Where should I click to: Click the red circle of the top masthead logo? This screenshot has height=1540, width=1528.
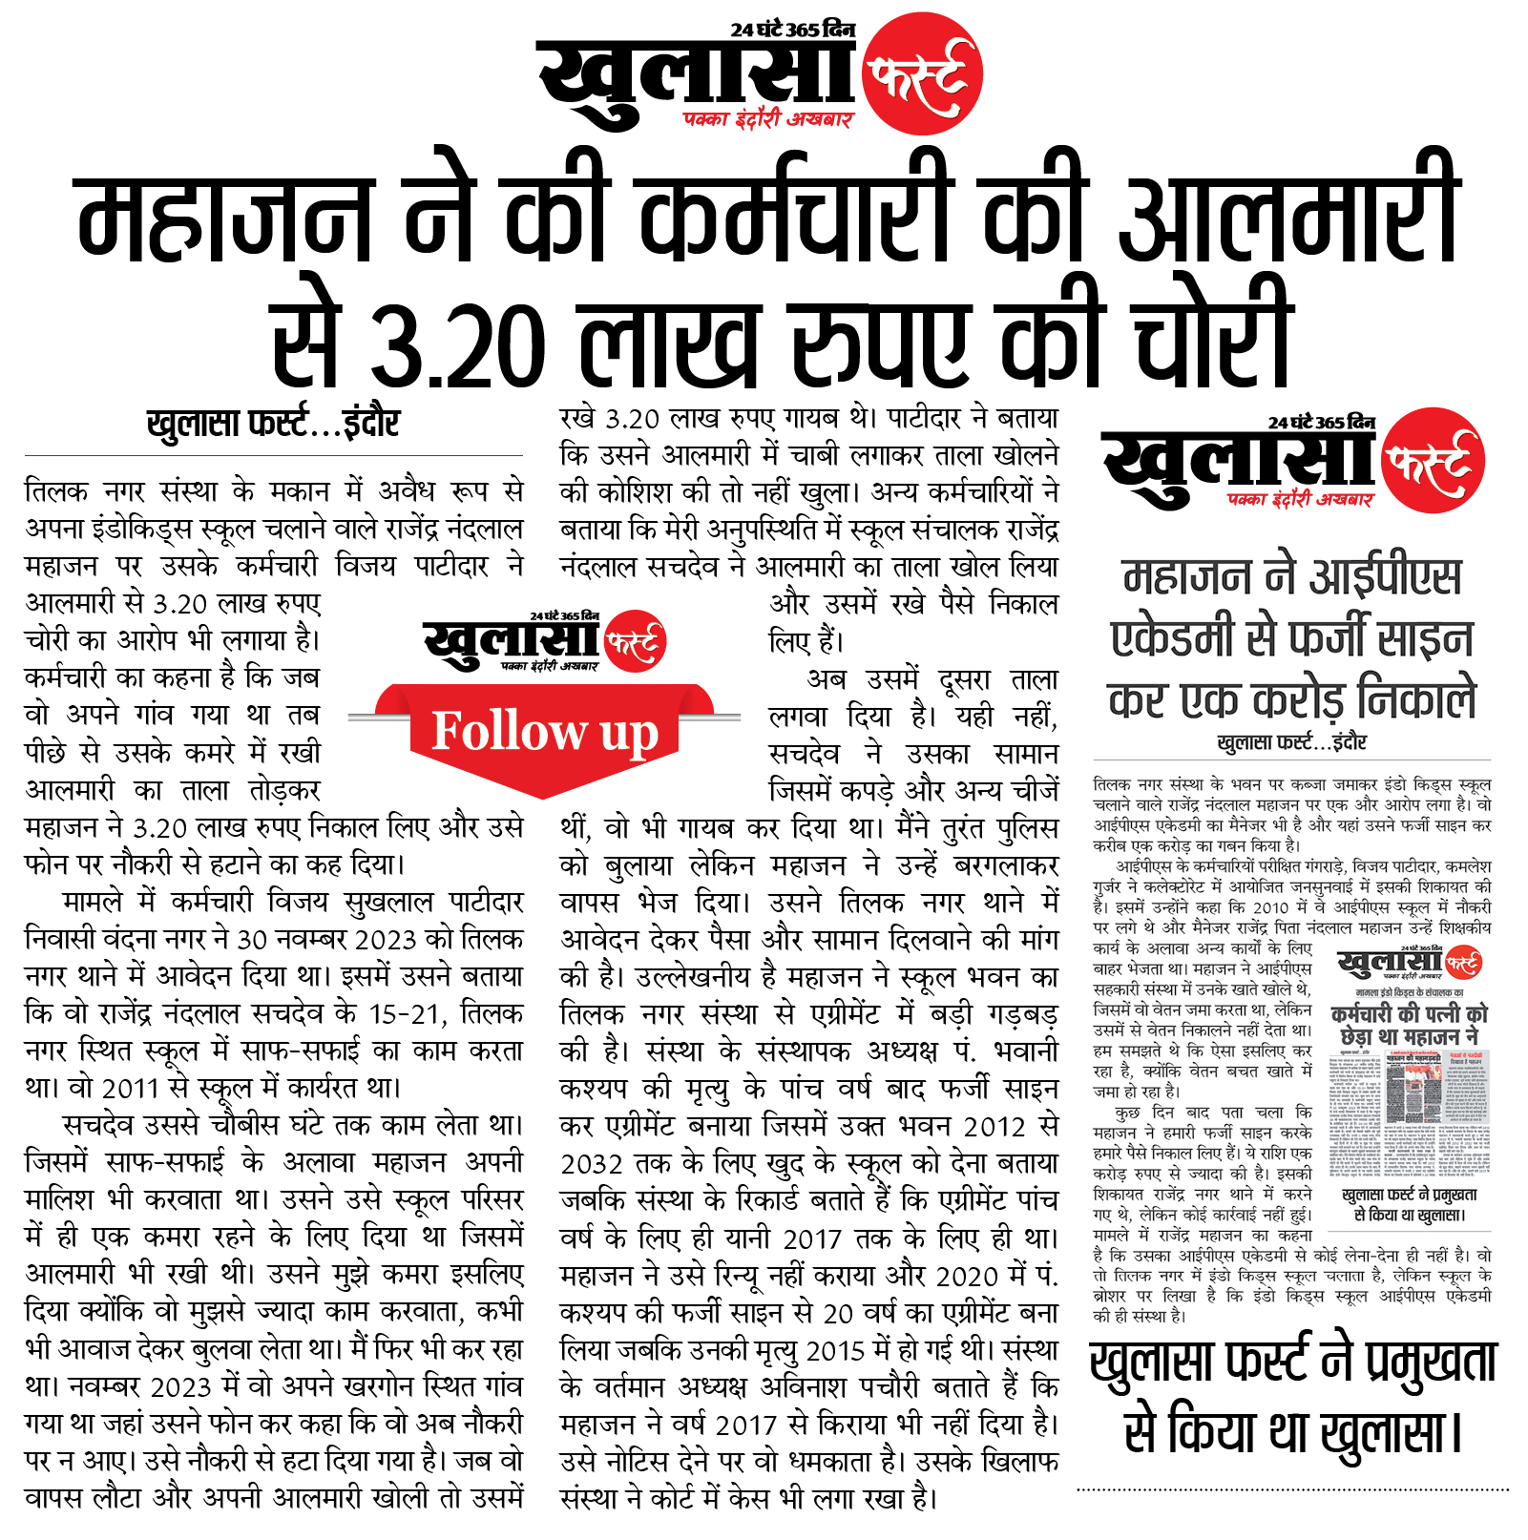pos(922,73)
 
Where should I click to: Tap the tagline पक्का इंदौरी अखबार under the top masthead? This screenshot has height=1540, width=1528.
pos(767,119)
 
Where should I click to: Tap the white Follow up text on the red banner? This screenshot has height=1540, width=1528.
pos(545,732)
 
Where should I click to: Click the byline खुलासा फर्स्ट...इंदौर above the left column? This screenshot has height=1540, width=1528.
pos(273,423)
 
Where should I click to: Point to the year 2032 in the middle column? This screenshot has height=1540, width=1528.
pos(592,1164)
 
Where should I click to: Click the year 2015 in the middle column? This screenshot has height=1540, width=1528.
pos(838,1351)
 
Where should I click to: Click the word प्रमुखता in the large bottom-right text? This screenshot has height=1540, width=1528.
pos(1431,1363)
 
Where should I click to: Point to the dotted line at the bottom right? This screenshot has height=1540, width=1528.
pos(1292,1488)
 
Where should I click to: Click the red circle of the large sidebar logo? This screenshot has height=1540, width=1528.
pos(1433,460)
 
